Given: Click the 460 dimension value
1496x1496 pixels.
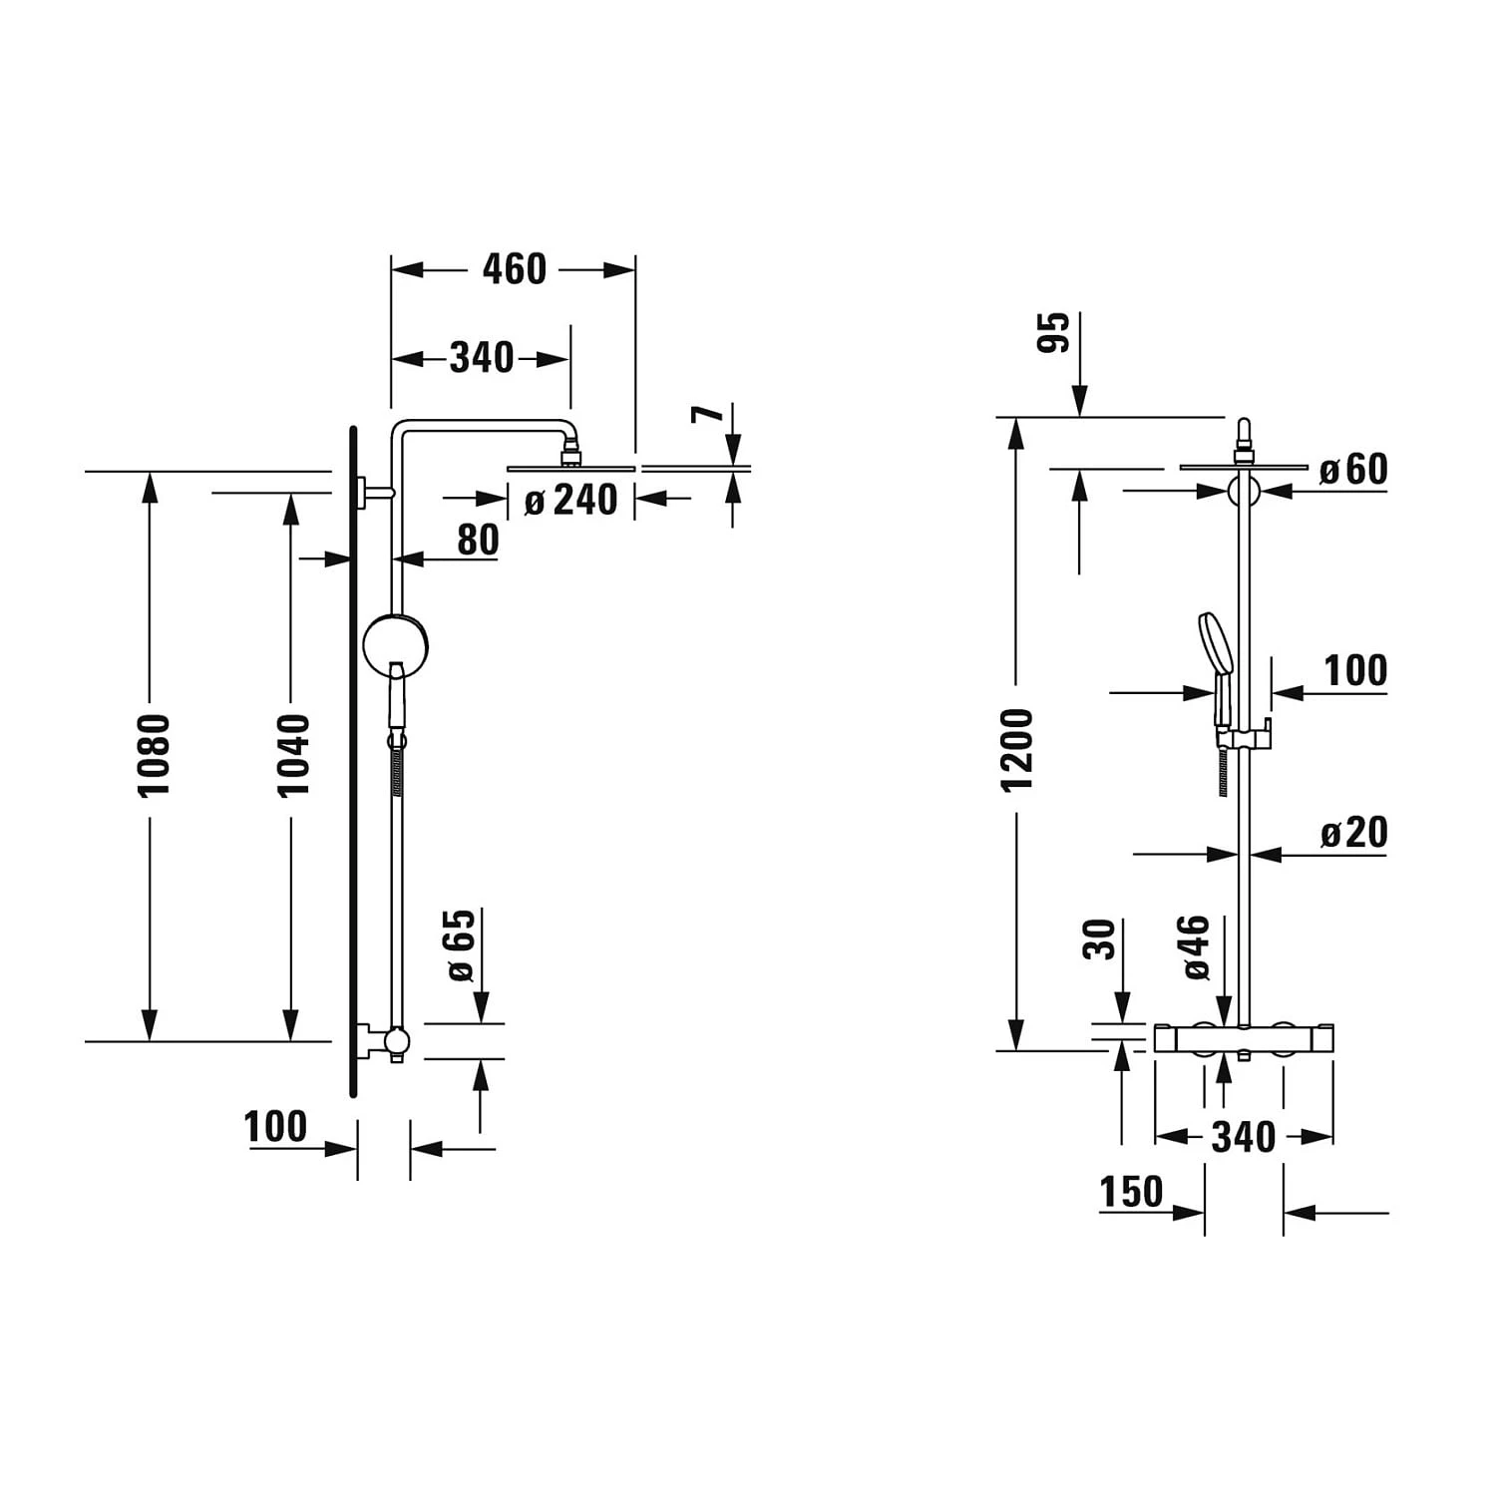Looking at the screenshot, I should [514, 269].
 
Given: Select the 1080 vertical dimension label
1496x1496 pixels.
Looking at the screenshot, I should [154, 754].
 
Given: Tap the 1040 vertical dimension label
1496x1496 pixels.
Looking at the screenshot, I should [293, 754].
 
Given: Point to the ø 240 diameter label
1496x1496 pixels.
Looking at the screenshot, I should [570, 500].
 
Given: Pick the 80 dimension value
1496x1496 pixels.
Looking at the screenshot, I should [478, 540].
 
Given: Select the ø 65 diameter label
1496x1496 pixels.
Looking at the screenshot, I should [460, 944].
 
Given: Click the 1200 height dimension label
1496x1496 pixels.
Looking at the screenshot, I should [1018, 750].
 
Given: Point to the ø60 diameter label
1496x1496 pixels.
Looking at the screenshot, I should [1353, 469].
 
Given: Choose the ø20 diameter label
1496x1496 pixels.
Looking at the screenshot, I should [1353, 833].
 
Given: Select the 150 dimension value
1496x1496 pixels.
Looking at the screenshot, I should [1131, 1192].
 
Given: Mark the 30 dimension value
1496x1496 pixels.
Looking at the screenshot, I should [1099, 939].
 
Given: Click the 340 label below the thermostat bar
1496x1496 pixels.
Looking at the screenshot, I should [1243, 1137].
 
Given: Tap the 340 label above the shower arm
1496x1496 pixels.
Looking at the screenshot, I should [481, 357].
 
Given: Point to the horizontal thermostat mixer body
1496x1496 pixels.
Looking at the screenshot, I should [1244, 1037].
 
